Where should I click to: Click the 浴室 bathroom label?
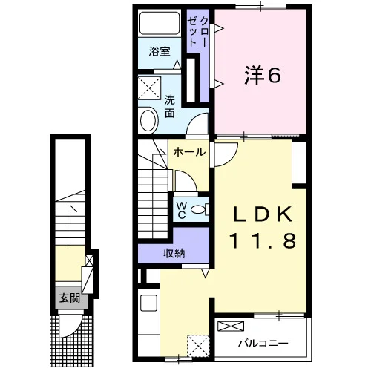(x=160, y=51)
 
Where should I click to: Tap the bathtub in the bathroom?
(x=160, y=23)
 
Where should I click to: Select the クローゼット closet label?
(x=197, y=32)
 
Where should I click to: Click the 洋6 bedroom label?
(x=263, y=75)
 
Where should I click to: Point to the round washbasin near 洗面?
(x=149, y=120)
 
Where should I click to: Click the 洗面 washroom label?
(x=170, y=107)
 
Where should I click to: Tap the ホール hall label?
(x=189, y=152)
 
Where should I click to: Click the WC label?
(x=182, y=210)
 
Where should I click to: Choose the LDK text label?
(x=263, y=214)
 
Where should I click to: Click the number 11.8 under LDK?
(x=263, y=241)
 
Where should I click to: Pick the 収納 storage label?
(x=174, y=253)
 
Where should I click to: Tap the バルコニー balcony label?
(x=263, y=344)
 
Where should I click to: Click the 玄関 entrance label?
(x=70, y=298)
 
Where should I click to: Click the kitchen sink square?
(x=148, y=303)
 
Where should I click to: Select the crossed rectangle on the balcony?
(x=231, y=326)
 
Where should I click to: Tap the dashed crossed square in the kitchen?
(x=198, y=346)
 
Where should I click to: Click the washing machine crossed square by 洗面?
(x=149, y=88)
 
